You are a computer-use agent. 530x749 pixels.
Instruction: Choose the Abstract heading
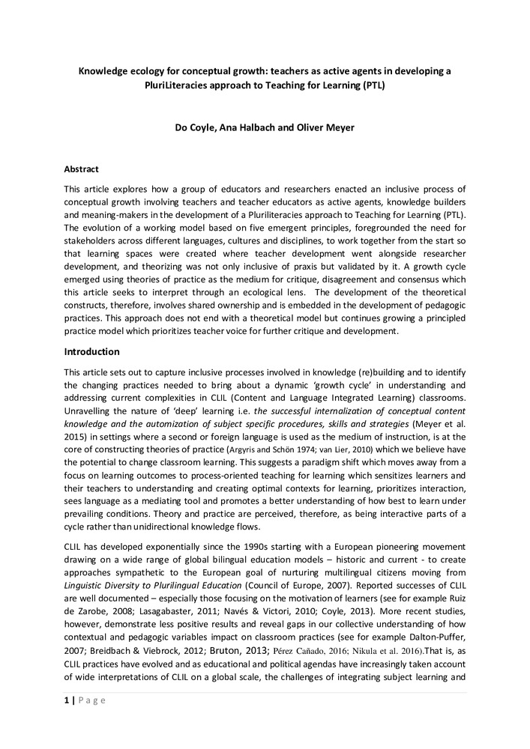(82, 169)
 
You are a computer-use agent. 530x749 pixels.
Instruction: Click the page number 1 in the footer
(66, 700)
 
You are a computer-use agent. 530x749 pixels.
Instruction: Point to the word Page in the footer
(92, 700)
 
